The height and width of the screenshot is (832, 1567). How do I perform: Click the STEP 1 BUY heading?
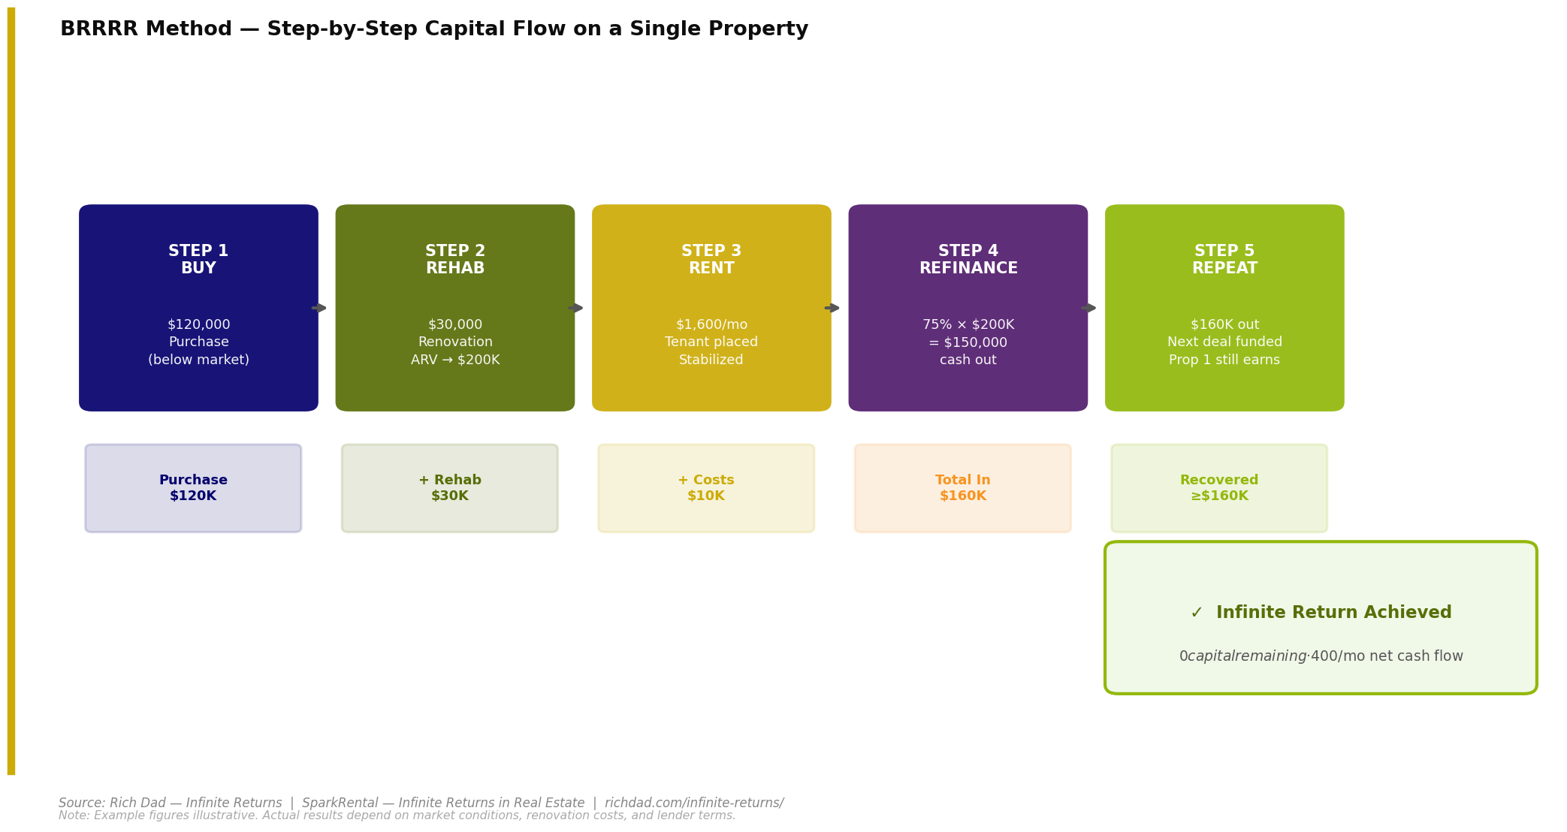198,260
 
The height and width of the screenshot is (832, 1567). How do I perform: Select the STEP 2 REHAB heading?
455,260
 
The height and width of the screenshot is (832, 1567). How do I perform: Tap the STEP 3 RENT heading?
711,260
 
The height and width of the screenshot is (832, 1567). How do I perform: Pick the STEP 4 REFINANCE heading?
968,260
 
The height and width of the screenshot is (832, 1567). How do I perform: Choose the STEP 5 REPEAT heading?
1224,260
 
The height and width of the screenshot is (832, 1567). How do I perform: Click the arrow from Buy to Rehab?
319,308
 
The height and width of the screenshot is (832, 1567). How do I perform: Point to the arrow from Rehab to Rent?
575,308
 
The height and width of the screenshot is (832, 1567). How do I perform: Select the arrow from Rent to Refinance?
832,308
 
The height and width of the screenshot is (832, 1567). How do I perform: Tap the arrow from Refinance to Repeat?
1088,308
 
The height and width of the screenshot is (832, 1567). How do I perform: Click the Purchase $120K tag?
193,488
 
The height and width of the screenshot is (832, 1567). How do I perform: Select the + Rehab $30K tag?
450,488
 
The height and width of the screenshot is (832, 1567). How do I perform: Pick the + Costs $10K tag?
706,488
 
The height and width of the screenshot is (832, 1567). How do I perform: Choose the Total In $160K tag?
963,488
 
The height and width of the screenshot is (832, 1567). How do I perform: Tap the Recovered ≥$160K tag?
1219,488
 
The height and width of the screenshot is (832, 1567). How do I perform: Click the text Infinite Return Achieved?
1333,613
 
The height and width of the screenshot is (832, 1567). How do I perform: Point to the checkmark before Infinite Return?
1197,613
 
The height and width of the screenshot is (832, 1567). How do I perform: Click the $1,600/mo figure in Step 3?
711,325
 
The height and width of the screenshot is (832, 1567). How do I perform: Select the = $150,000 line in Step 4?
968,342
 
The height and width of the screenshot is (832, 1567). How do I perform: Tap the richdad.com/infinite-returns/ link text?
694,803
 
